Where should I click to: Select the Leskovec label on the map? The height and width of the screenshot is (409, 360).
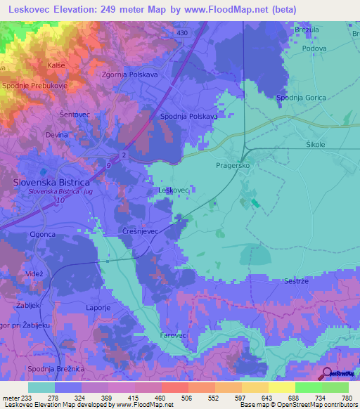pos(173,190)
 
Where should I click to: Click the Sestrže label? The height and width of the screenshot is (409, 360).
pos(298,280)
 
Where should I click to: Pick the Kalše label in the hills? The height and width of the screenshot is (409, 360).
pos(56,65)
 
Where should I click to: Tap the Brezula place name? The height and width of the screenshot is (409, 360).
pos(307,30)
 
